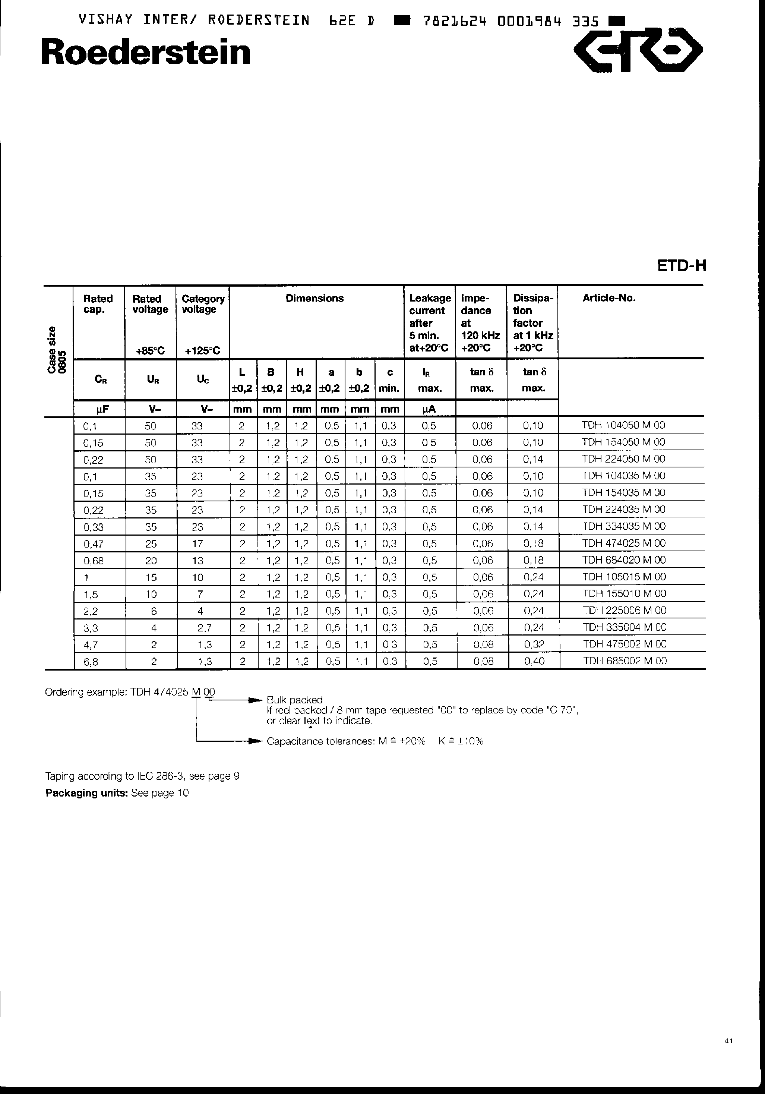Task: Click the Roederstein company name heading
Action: pos(146,53)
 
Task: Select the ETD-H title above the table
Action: pos(681,266)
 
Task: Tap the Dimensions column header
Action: pos(314,298)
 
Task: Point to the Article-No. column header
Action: pos(609,298)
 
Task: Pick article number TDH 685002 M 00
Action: pos(625,661)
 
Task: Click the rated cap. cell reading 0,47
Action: pos(94,544)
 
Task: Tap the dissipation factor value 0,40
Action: pos(534,661)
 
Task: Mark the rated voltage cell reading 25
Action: pos(151,544)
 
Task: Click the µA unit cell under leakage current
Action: pos(429,409)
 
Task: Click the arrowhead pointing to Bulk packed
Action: pos(257,700)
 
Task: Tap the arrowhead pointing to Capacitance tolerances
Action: pos(257,741)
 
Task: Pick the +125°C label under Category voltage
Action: pos(202,351)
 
